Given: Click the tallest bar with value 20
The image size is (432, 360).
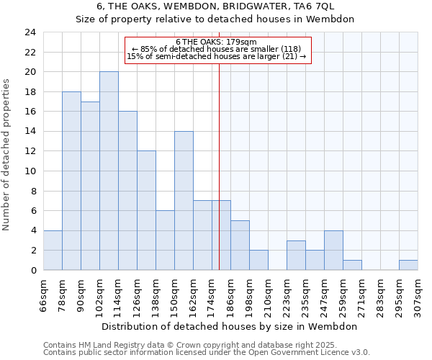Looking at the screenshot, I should (109, 171).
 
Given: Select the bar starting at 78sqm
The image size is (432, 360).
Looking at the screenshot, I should (71, 181).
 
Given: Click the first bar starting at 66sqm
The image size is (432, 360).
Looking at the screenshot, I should (53, 250).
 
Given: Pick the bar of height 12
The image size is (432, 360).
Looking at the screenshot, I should (146, 210).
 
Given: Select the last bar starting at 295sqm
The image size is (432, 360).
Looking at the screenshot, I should (408, 265).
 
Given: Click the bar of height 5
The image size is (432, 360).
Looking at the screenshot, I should (240, 245).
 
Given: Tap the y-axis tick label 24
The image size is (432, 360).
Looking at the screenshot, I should (30, 32).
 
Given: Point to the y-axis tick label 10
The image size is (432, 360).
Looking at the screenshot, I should (30, 171).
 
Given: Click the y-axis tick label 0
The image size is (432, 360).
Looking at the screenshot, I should (33, 270).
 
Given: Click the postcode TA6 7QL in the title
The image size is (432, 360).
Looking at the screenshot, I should (315, 6).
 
